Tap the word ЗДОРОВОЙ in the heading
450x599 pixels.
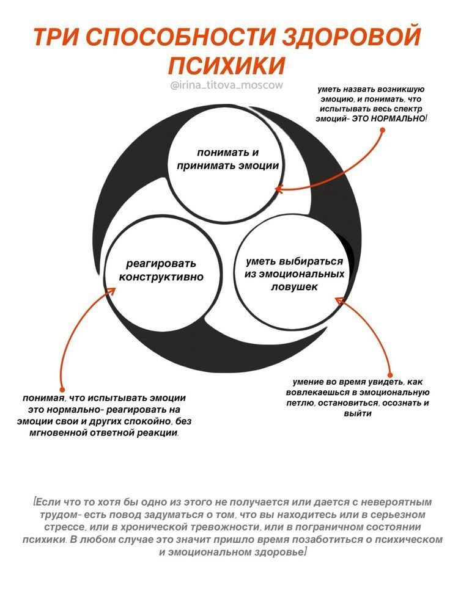coord(346,37)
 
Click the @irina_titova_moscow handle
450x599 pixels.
coord(227,85)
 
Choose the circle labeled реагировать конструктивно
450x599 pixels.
coord(160,272)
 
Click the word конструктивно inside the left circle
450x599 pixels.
coord(161,277)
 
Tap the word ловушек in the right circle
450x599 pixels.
coord(294,286)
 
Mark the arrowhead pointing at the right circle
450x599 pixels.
coord(339,299)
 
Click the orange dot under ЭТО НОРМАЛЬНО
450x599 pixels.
coord(382,129)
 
